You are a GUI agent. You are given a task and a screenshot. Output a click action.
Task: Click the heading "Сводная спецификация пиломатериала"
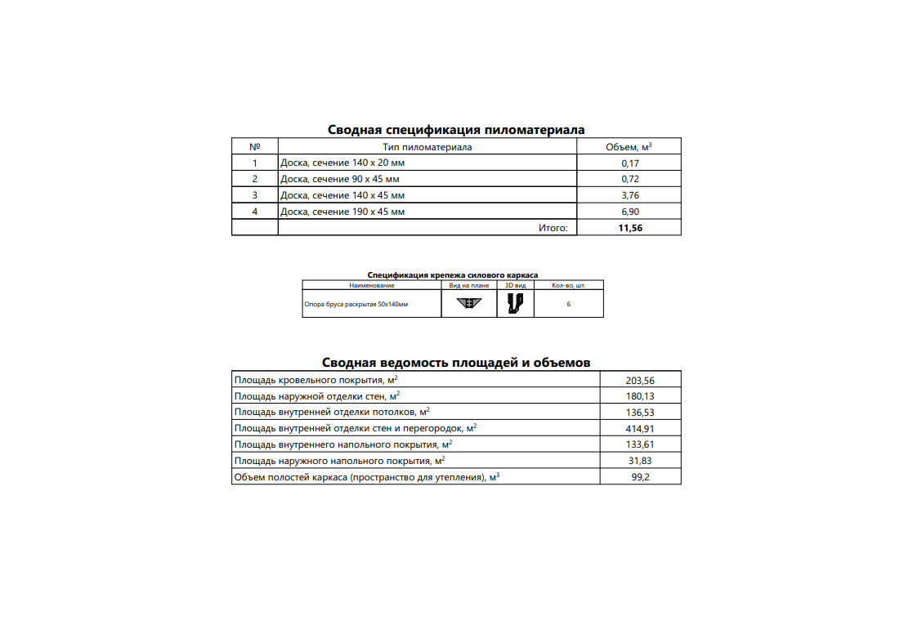click(456, 129)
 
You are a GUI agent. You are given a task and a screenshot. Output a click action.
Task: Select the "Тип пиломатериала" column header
click(427, 147)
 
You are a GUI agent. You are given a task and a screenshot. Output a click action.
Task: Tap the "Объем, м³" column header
click(629, 147)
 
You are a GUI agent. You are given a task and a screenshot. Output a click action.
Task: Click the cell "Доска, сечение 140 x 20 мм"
click(342, 163)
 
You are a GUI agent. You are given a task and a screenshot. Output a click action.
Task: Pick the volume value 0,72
click(629, 179)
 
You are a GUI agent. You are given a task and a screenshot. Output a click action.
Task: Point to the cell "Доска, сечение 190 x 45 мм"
click(342, 212)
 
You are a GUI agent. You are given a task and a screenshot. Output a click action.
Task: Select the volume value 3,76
click(629, 195)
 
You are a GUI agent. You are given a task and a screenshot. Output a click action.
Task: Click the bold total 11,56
click(630, 228)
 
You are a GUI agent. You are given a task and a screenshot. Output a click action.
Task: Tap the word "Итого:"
click(553, 228)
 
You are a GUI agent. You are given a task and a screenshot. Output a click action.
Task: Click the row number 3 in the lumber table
click(254, 195)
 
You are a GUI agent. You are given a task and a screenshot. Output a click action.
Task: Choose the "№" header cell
click(254, 147)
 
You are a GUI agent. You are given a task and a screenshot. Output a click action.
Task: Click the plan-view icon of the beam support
click(469, 303)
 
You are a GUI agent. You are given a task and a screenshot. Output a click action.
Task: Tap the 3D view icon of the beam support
click(515, 303)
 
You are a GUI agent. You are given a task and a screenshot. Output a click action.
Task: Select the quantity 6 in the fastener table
click(568, 304)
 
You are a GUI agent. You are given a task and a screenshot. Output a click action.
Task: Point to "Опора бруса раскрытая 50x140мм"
click(356, 304)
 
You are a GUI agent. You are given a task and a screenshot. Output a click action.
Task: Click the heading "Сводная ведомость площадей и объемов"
click(456, 363)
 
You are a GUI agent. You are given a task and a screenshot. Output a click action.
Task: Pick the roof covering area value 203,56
click(640, 380)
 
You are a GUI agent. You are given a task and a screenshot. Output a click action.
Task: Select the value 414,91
click(640, 428)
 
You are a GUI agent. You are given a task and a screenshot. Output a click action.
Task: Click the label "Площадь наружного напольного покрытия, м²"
click(339, 460)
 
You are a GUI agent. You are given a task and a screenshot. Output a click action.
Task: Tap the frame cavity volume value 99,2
click(640, 476)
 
